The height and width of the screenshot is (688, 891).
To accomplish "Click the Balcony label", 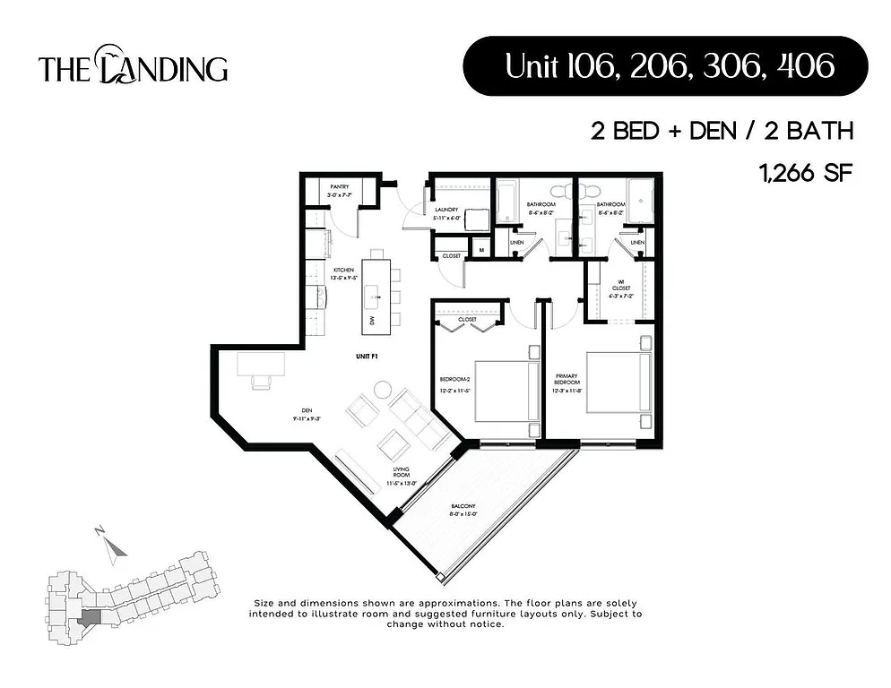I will pyautogui.click(x=463, y=511).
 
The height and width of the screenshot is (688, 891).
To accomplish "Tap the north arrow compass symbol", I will pyautogui.click(x=108, y=546).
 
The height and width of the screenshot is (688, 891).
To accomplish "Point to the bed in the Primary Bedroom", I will pyautogui.click(x=616, y=383).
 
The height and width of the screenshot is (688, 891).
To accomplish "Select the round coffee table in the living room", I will pyautogui.click(x=383, y=391).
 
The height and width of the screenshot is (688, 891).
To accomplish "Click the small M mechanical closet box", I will pyautogui.click(x=480, y=250).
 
